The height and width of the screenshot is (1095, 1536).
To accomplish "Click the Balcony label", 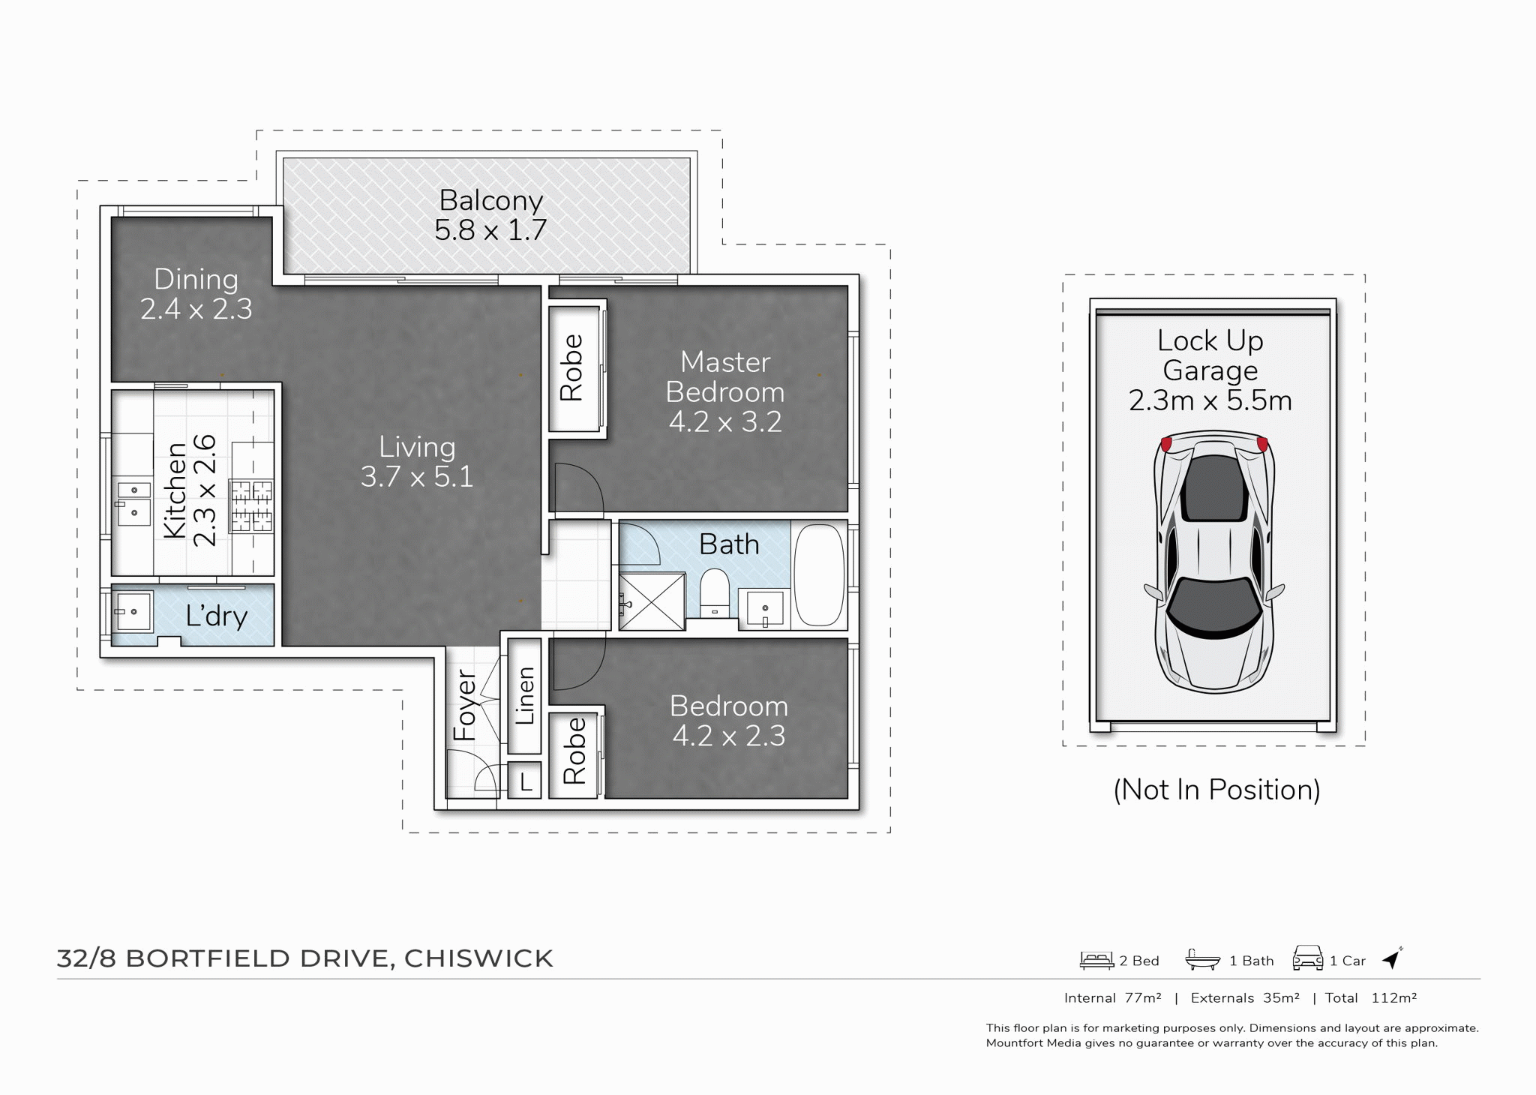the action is (491, 201).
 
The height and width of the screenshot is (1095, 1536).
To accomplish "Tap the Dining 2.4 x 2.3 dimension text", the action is (196, 309).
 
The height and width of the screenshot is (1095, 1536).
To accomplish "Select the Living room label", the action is (417, 447).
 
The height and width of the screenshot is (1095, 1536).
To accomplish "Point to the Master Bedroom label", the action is (725, 377).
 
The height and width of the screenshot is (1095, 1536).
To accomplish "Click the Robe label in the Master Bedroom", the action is (571, 367).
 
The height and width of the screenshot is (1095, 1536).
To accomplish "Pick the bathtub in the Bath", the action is (819, 575).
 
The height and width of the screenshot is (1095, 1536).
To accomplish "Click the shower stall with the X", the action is (652, 601).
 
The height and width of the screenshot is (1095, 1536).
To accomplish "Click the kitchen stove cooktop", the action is (251, 506).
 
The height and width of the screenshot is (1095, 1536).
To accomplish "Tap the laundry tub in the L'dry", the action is (133, 612).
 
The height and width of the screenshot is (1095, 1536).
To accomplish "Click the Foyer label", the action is (466, 705).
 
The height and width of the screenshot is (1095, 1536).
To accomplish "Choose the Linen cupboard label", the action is (525, 695).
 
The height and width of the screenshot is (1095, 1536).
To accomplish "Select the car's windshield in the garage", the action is (1213, 606).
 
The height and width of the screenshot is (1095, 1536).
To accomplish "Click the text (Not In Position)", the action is (1216, 790).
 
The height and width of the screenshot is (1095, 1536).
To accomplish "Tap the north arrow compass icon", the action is (1392, 958).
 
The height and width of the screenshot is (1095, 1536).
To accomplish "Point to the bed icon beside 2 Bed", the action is (1096, 960).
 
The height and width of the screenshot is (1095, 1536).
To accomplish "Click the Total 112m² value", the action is (1393, 998).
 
